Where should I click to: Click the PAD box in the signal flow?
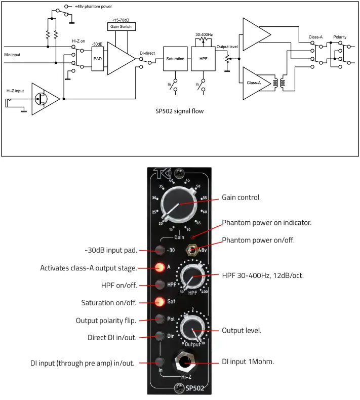pos(98,59)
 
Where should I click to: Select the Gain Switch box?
pos(122,26)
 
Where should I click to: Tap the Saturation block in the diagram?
pos(175,59)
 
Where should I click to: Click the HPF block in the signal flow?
pos(203,59)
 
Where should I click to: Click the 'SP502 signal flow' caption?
pos(180,110)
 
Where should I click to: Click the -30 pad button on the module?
pos(160,249)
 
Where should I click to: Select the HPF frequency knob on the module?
pos(194,276)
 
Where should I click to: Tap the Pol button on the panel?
pos(160,319)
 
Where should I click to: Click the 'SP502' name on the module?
pos(194,388)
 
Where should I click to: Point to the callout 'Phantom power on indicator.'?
pos(267,223)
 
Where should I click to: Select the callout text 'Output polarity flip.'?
pos(106,321)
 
